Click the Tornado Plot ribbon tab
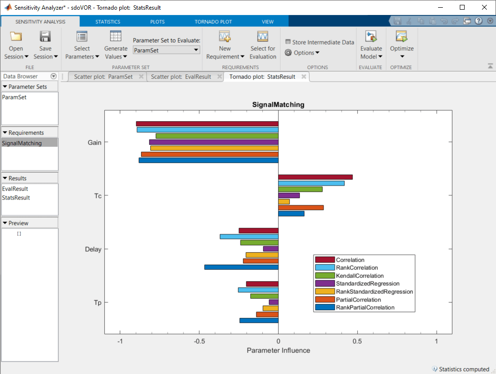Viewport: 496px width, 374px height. click(213, 22)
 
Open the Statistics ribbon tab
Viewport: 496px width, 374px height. click(108, 22)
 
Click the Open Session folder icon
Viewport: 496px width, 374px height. click(16, 37)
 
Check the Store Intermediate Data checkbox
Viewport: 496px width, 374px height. click(288, 42)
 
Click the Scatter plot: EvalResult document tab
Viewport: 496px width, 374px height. click(181, 77)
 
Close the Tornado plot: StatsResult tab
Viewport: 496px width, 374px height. click(304, 77)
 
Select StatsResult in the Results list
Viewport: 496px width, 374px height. click(16, 198)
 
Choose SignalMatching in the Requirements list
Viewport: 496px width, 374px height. click(22, 143)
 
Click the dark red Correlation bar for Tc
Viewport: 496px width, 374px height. click(315, 177)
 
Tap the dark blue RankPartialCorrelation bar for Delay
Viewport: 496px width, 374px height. click(241, 267)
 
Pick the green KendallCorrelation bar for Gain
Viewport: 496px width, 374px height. click(217, 136)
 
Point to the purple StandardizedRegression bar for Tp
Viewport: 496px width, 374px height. click(273, 302)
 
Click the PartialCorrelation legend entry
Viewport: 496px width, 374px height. click(358, 300)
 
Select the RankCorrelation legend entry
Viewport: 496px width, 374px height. click(357, 268)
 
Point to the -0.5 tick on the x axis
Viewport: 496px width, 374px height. click(199, 341)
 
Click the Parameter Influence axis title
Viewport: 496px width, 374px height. click(278, 350)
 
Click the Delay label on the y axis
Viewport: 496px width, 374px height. click(93, 249)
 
